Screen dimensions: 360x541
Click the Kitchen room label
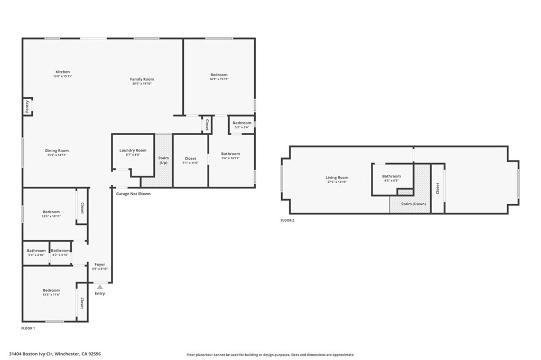click(63, 72)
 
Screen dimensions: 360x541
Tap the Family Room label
click(142, 80)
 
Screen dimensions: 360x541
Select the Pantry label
click(27, 106)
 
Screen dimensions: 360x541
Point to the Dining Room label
click(57, 151)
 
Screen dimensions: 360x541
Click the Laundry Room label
click(133, 150)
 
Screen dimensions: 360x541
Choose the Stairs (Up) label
click(164, 160)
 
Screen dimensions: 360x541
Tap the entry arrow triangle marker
click(100, 287)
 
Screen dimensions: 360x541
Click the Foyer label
click(100, 264)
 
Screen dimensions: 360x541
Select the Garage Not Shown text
click(133, 194)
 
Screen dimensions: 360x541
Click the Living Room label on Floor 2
click(337, 178)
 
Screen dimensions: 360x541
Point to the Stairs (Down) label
click(409, 204)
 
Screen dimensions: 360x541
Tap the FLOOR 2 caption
click(287, 220)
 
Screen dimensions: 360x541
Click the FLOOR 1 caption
click(28, 328)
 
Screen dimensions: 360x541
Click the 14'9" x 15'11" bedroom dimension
click(219, 79)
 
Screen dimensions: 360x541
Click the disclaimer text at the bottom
click(270, 355)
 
